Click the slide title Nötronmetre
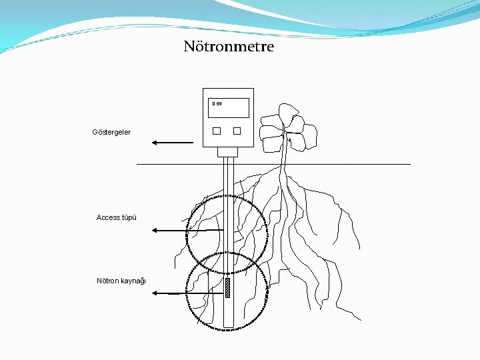coord(229,47)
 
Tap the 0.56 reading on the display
coord(217,103)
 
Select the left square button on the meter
coord(217,131)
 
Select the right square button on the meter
coord(237,131)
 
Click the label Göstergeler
coord(111,132)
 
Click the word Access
coord(108,217)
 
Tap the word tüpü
coord(129,217)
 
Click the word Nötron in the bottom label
coord(109,280)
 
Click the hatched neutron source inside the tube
coord(228,287)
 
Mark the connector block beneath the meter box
coord(227,151)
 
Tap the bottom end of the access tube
coord(228,325)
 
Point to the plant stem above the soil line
coord(285,152)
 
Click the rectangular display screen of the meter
coord(229,108)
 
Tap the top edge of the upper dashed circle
coord(227,195)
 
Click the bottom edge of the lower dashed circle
coord(226,329)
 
